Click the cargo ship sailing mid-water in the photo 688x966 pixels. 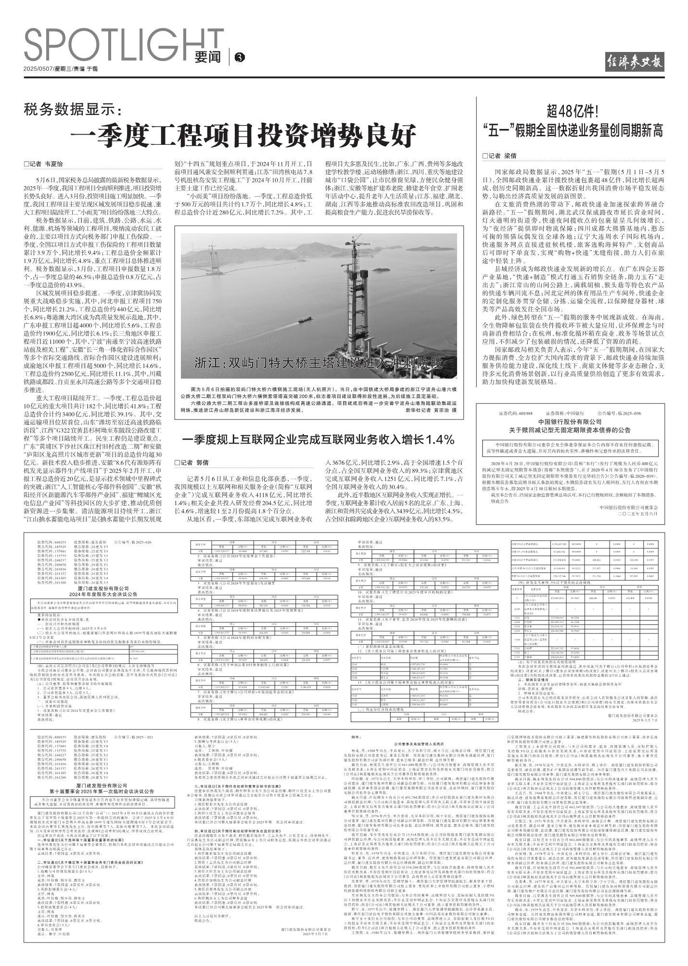[x=305, y=319]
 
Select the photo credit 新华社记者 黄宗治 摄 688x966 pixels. [x=431, y=410]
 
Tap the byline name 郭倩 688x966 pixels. [x=203, y=462]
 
